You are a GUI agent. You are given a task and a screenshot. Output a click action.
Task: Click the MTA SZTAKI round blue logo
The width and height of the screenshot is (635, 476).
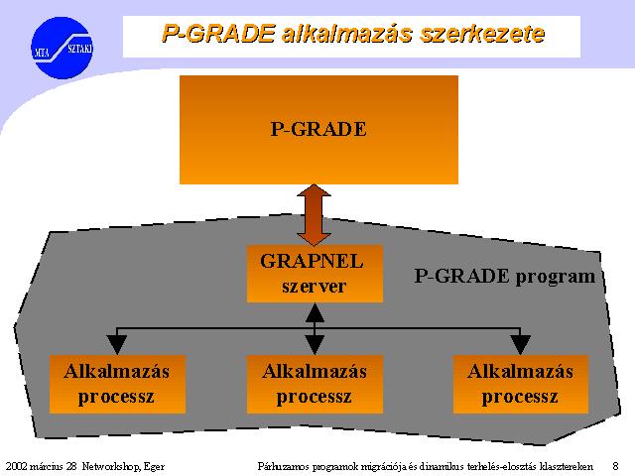pyautogui.click(x=62, y=48)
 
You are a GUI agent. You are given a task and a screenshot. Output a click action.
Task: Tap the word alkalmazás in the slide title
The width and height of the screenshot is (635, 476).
pyautogui.click(x=347, y=33)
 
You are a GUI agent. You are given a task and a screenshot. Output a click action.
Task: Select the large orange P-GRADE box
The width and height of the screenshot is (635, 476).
pyautogui.click(x=318, y=130)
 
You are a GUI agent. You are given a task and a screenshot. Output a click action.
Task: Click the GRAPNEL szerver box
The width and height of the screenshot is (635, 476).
pyautogui.click(x=315, y=274)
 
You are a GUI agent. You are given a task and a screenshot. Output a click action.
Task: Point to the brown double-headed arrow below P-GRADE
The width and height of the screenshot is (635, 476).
pyautogui.click(x=314, y=215)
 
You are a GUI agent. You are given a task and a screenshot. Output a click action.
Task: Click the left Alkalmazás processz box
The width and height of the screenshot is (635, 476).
pyautogui.click(x=117, y=384)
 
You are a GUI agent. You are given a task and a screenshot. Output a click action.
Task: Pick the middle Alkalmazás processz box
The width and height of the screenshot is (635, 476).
pyautogui.click(x=315, y=384)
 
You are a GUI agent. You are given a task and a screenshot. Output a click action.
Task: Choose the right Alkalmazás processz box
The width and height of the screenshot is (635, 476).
pyautogui.click(x=520, y=384)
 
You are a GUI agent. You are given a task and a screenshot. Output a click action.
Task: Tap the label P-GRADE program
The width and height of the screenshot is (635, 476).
pyautogui.click(x=505, y=277)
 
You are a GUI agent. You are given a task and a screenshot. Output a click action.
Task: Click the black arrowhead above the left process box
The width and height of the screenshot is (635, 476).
pyautogui.click(x=117, y=345)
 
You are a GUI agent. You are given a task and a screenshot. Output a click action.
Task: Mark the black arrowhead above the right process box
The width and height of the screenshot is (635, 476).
pyautogui.click(x=520, y=345)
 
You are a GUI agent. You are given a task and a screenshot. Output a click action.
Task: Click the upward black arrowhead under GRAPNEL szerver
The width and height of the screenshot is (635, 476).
pyautogui.click(x=315, y=312)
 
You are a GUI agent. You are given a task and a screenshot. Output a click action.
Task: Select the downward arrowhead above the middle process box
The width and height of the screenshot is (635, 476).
pyautogui.click(x=315, y=345)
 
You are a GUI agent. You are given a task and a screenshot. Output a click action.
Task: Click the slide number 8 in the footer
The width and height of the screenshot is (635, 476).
pyautogui.click(x=615, y=466)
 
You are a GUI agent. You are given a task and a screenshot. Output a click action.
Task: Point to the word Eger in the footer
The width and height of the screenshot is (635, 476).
pyautogui.click(x=155, y=467)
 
